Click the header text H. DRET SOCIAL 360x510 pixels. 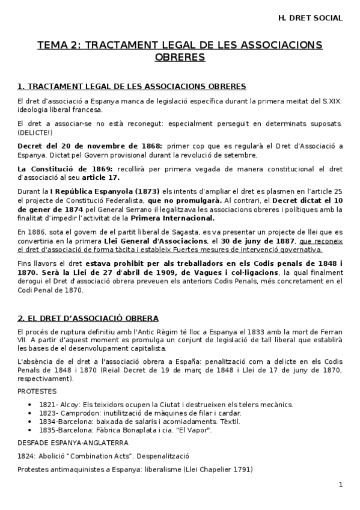tap(311, 18)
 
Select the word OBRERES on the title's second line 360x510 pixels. tap(180, 58)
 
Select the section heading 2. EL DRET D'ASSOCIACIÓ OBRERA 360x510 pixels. tap(88, 318)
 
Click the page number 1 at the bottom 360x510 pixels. tap(340, 485)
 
